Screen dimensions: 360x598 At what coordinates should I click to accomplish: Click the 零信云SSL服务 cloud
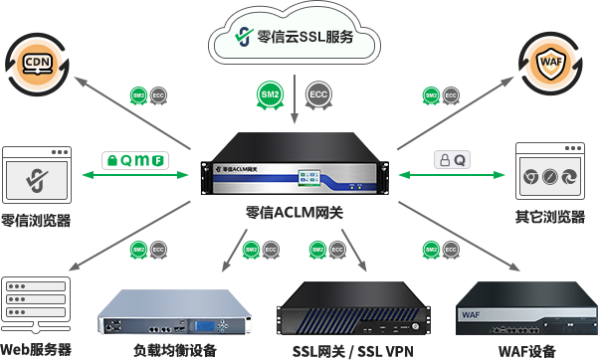[x=296, y=39]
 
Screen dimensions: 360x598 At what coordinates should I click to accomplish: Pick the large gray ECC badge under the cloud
[x=318, y=93]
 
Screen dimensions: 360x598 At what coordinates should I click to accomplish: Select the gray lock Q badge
[x=452, y=160]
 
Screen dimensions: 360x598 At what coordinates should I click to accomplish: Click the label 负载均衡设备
[x=174, y=350]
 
